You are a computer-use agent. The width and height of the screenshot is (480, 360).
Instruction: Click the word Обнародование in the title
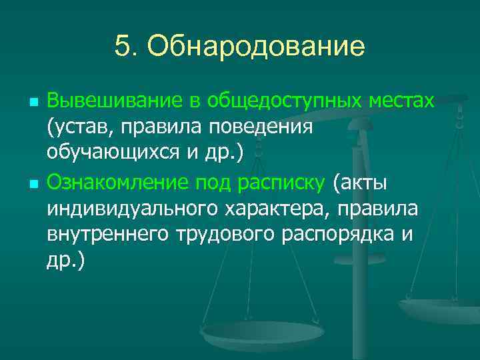[256, 47]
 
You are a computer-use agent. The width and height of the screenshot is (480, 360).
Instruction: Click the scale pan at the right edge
[441, 309]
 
